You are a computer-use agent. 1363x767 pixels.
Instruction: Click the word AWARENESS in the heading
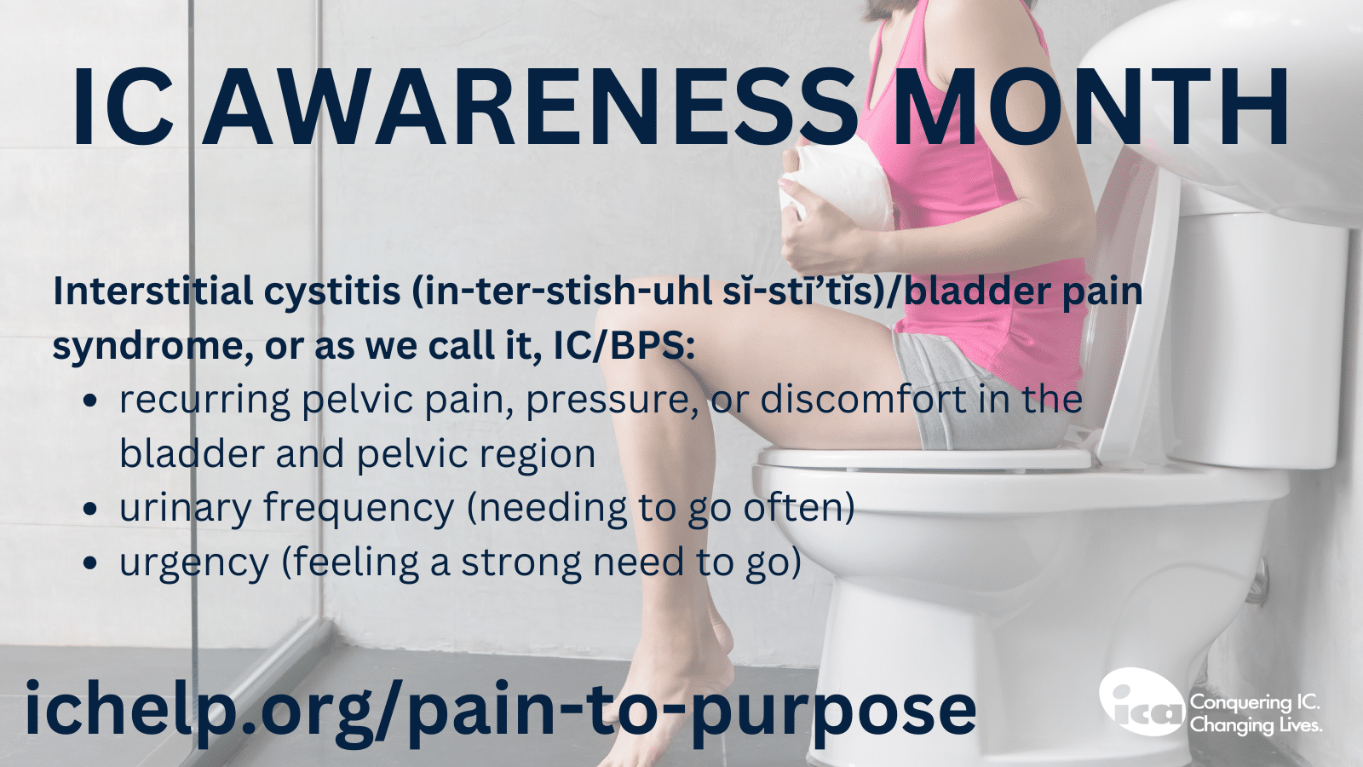pyautogui.click(x=529, y=107)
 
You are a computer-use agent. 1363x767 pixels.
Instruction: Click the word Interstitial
pyautogui.click(x=152, y=291)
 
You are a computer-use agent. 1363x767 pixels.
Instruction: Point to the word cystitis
pyautogui.click(x=332, y=292)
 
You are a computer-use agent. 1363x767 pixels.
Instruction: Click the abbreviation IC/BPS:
pyautogui.click(x=624, y=346)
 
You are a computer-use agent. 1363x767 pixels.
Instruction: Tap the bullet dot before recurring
pyautogui.click(x=90, y=401)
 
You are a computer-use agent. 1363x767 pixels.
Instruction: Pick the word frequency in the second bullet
pyautogui.click(x=359, y=509)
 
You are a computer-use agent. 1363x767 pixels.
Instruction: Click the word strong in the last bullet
pyautogui.click(x=521, y=563)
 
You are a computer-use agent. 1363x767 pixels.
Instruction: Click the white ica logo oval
pyautogui.click(x=1142, y=702)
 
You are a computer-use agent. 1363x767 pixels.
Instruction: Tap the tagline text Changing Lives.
pyautogui.click(x=1256, y=725)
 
